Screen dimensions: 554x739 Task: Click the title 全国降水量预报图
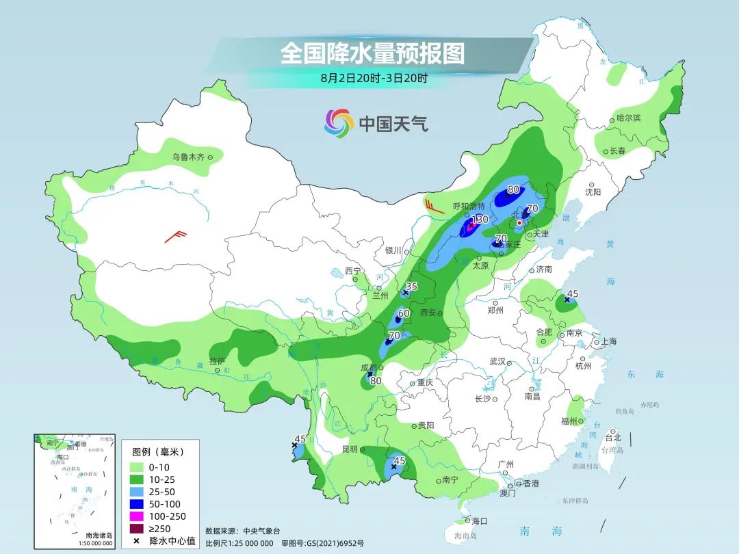(372, 53)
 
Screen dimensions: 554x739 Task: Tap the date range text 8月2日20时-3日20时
(374, 78)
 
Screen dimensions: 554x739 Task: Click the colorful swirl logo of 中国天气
(338, 123)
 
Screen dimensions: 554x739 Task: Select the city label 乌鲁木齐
(188, 157)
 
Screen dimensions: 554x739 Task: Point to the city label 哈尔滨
(628, 118)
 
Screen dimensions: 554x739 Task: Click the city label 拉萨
(217, 360)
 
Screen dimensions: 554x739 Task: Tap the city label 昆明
(349, 449)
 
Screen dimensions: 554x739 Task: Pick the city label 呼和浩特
(469, 206)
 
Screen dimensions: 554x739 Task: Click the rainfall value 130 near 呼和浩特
(480, 220)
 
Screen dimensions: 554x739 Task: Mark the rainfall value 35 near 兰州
(412, 286)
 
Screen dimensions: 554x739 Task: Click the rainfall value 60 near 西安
(404, 313)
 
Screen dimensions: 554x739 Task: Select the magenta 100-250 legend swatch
(141, 516)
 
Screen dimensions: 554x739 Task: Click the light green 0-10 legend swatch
(141, 467)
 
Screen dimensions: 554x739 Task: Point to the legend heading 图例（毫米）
(157, 452)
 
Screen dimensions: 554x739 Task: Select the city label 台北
(613, 438)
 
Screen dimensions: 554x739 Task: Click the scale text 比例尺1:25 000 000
(239, 543)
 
